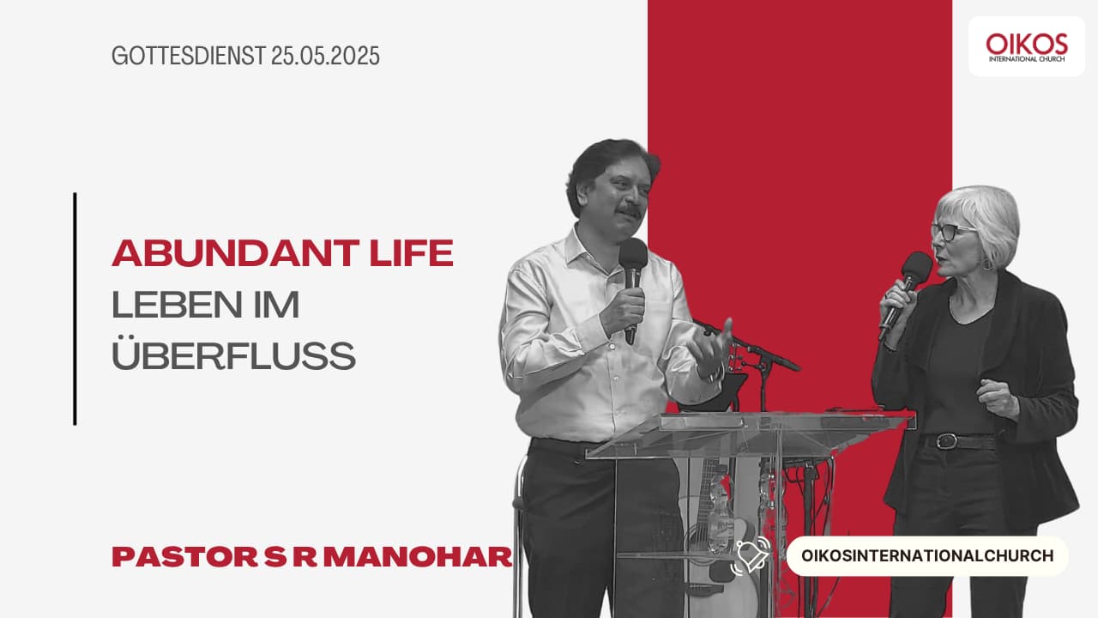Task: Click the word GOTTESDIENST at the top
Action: (189, 56)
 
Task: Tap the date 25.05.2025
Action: (325, 56)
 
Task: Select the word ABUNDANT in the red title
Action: (236, 253)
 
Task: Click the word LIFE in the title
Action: (412, 253)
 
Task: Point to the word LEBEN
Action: (177, 305)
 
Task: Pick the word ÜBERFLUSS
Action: (234, 354)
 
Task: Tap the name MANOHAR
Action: (418, 557)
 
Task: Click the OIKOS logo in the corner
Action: (1027, 46)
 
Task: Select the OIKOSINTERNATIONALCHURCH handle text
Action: (927, 555)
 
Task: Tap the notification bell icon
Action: (751, 555)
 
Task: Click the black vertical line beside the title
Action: (75, 309)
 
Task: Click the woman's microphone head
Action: (917, 267)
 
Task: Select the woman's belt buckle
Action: (946, 440)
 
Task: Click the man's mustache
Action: (629, 212)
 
